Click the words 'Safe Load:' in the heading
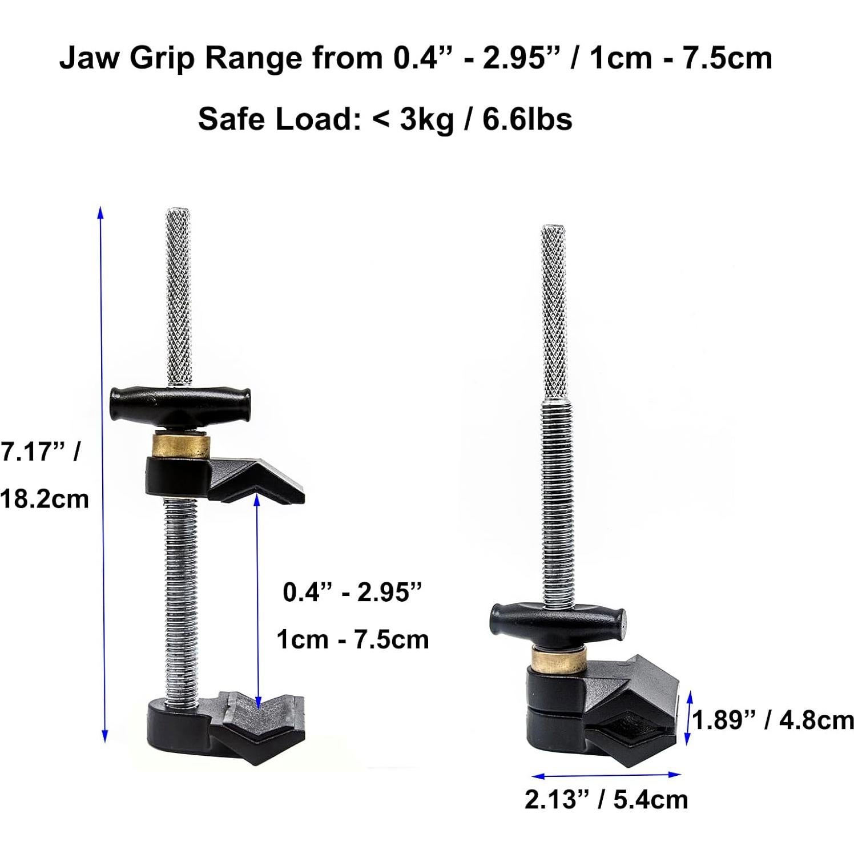click(x=280, y=119)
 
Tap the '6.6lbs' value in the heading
click(x=527, y=119)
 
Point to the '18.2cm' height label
click(x=45, y=499)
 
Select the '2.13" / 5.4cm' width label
click(x=606, y=799)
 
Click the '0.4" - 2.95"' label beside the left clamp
click(x=352, y=593)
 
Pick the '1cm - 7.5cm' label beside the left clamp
click(x=353, y=639)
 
